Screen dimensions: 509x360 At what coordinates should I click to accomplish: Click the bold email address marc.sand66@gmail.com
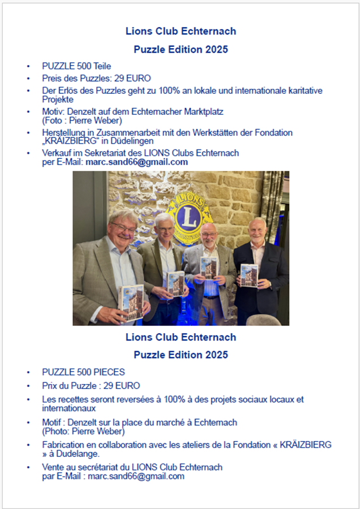point(136,162)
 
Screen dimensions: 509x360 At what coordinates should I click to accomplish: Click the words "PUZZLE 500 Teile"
point(76,66)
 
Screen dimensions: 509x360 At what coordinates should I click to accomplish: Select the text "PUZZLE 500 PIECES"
point(83,372)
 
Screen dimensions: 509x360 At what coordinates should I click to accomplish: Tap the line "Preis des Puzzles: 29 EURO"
point(96,78)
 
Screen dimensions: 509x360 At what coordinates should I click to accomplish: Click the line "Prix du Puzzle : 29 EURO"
point(91,386)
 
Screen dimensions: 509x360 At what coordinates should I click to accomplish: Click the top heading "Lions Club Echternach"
point(181,31)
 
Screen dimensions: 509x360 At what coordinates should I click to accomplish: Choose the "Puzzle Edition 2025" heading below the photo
point(181,355)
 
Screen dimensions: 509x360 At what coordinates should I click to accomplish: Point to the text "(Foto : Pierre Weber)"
point(82,120)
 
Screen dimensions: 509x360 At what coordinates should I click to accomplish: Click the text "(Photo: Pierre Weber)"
point(83,432)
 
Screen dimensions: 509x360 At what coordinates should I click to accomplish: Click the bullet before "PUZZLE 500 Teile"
point(28,67)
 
